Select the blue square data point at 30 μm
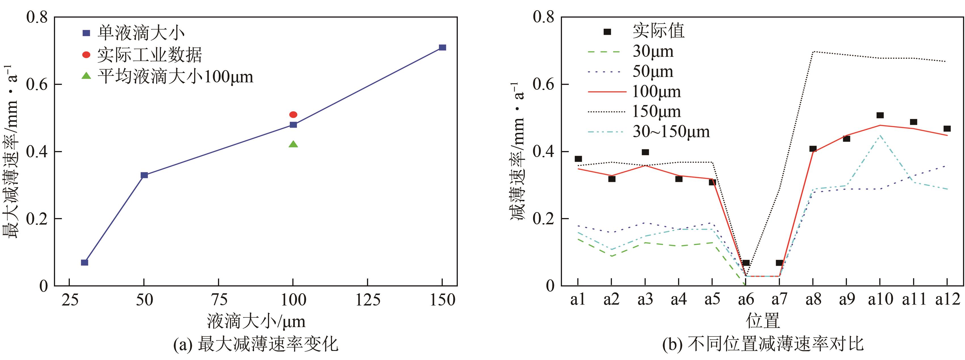coord(85,262)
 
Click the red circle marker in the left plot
coord(293,115)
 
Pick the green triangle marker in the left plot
coord(293,144)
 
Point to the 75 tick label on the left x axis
coord(219,300)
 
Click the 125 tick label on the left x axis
coord(368,300)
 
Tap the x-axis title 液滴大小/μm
coord(256,321)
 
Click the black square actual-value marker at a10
coord(880,115)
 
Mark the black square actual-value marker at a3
coord(645,152)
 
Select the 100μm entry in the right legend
coord(656,92)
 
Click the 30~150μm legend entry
coord(671,131)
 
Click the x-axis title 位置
coord(763,321)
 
